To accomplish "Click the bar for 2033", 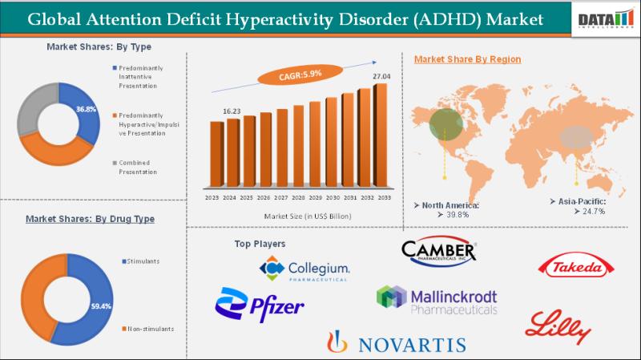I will point(381,136).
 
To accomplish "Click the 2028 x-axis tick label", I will point(299,197).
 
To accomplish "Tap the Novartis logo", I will point(396,343).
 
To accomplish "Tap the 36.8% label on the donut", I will point(86,108).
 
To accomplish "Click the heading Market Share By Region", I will point(467,59).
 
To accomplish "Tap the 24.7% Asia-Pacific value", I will point(589,212).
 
